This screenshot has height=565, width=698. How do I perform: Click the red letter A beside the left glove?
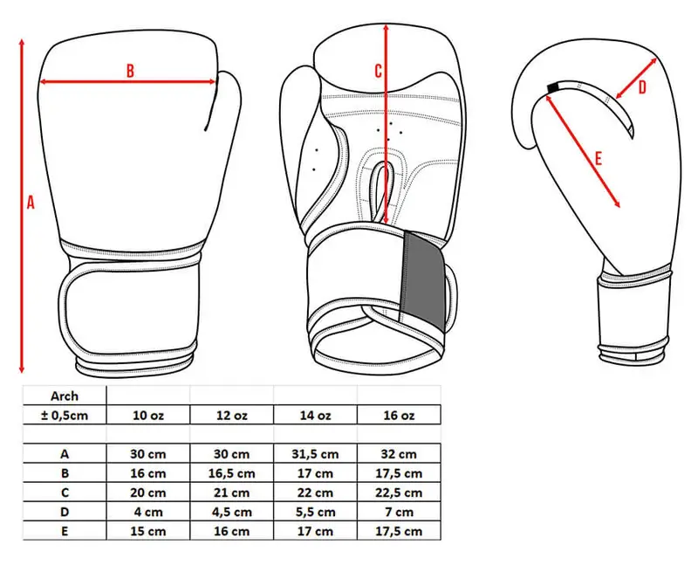click(x=31, y=202)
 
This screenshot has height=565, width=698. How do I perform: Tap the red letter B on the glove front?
click(x=129, y=71)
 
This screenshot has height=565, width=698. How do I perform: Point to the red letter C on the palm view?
click(x=378, y=71)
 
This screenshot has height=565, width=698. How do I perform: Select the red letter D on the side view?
click(x=642, y=87)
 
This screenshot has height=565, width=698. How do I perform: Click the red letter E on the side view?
click(x=599, y=158)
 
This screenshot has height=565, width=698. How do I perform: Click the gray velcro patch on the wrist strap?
click(x=424, y=280)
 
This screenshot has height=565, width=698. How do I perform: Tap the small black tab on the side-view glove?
click(x=552, y=88)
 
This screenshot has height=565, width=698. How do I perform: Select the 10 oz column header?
click(x=148, y=416)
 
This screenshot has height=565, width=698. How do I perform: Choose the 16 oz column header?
click(x=399, y=416)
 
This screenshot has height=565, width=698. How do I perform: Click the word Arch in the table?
click(x=65, y=396)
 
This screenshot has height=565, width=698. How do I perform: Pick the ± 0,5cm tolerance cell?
click(x=65, y=416)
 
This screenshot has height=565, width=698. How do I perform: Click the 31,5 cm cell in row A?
click(x=315, y=454)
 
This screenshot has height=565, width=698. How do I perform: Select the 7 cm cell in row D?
click(x=399, y=512)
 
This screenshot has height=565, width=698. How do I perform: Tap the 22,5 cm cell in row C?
click(x=399, y=493)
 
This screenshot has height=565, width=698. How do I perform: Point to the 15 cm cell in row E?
click(x=148, y=531)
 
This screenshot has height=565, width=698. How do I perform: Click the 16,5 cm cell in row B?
click(x=231, y=473)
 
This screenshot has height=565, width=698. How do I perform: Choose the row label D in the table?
click(x=65, y=512)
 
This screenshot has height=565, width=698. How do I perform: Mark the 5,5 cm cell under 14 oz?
click(x=315, y=512)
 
